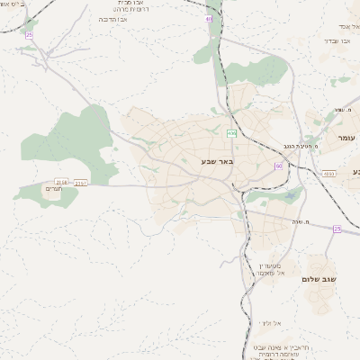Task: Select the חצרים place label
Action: tap(54, 190)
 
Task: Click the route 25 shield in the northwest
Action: tap(29, 35)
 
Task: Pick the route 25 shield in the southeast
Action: tap(337, 229)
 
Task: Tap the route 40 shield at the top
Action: tap(210, 18)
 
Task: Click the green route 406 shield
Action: tap(231, 133)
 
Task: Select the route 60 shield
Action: tap(279, 166)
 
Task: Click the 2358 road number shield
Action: tap(61, 181)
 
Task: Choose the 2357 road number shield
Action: tap(81, 182)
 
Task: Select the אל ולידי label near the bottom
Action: tap(269, 322)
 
